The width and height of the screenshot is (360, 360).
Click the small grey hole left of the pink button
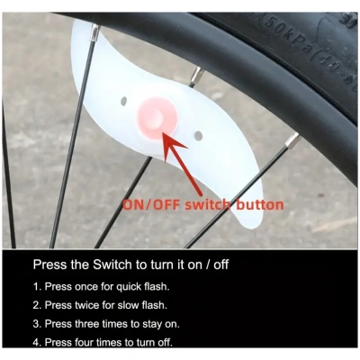[x=123, y=102]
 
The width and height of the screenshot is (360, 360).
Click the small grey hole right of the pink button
[x=198, y=136]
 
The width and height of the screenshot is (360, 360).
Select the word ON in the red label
[x=134, y=205]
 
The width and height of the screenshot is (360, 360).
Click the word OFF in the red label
[x=166, y=205]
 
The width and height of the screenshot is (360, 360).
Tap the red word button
[x=260, y=204]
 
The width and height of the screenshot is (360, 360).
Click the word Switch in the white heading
[x=112, y=265]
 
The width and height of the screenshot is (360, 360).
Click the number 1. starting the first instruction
[x=37, y=286]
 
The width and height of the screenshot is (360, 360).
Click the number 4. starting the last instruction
[x=37, y=342]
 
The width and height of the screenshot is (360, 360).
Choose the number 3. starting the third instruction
[x=37, y=324]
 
